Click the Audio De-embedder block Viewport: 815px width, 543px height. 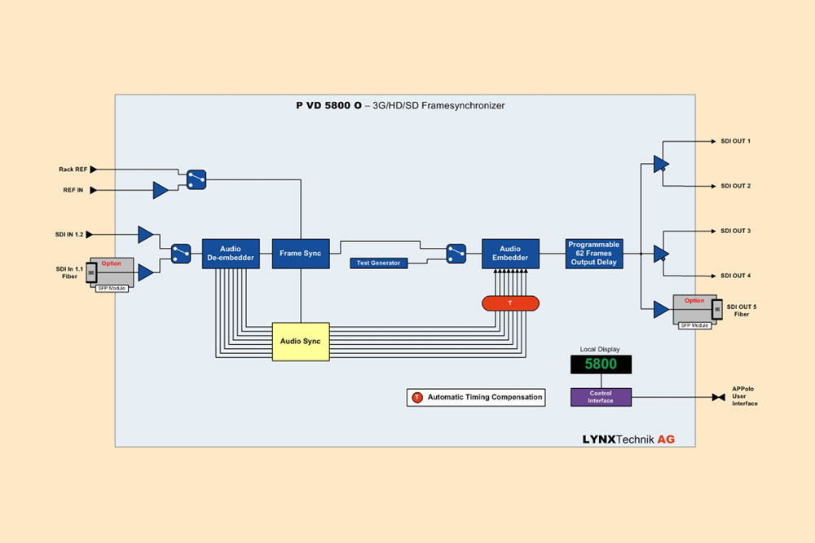[231, 254]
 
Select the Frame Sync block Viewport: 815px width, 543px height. [301, 254]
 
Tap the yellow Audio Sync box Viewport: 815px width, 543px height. [301, 342]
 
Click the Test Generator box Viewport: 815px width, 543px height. [379, 263]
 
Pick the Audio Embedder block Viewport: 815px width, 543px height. [510, 254]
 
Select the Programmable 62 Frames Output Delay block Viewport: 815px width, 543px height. [594, 254]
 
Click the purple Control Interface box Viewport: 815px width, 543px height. [601, 397]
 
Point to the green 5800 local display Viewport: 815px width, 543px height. [601, 364]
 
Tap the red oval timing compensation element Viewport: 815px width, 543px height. [510, 303]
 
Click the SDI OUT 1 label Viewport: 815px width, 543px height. [735, 141]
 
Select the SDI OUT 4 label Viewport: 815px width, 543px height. [735, 276]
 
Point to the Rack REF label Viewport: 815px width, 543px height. [73, 170]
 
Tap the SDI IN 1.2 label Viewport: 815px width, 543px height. [70, 235]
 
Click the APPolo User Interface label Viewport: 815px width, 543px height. [744, 397]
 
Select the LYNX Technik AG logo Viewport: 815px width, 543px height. [628, 439]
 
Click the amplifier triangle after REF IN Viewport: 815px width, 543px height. [161, 191]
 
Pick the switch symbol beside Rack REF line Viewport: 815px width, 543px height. [196, 179]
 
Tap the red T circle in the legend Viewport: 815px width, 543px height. [417, 398]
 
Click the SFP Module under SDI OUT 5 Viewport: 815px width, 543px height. [694, 324]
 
